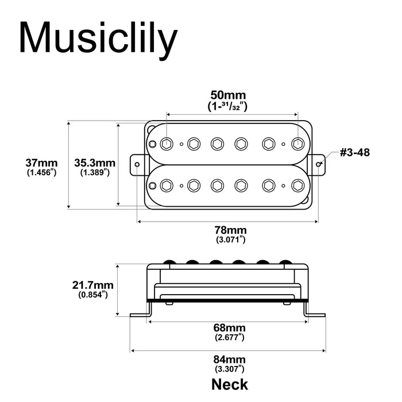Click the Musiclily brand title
click(x=98, y=38)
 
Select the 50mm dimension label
click(x=228, y=95)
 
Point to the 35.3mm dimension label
click(x=95, y=163)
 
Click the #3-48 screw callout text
click(x=354, y=153)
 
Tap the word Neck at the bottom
click(x=230, y=383)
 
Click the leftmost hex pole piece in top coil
click(x=167, y=143)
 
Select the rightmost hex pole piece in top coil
click(x=297, y=143)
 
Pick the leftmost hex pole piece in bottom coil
click(x=167, y=185)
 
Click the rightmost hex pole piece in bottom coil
click(x=297, y=185)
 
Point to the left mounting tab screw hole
click(x=138, y=164)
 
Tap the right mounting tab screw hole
click(x=319, y=164)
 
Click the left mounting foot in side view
click(x=141, y=314)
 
